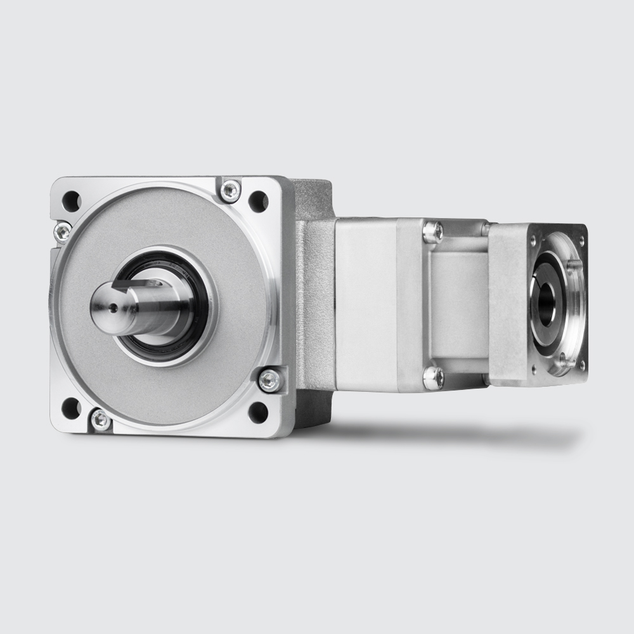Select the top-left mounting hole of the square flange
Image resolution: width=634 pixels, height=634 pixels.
click(x=71, y=201)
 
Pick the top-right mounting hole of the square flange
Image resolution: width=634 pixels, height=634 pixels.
click(x=258, y=202)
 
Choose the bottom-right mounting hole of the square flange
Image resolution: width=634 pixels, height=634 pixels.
click(x=258, y=412)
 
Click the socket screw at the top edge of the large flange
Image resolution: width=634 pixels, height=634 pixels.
click(x=230, y=190)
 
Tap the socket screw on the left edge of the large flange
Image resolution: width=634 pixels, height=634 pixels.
click(x=62, y=231)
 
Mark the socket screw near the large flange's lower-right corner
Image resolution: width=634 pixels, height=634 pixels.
click(x=269, y=380)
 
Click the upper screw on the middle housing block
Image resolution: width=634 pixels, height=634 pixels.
click(x=433, y=232)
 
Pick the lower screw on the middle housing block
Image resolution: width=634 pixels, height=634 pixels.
click(x=433, y=378)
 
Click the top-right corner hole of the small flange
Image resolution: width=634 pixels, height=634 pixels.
click(x=581, y=241)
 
